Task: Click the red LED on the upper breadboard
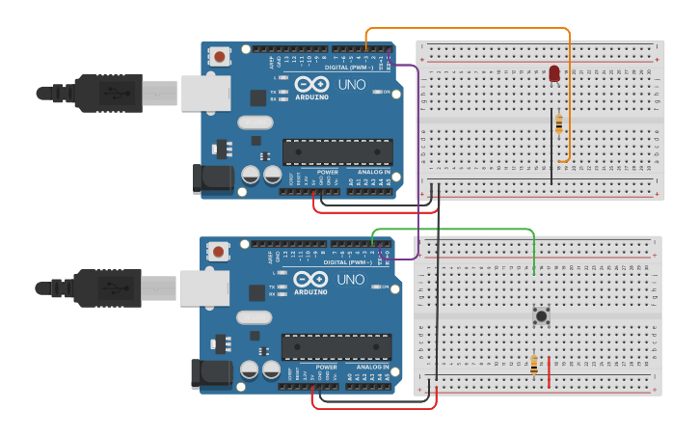pyautogui.click(x=554, y=72)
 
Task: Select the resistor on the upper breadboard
pyautogui.click(x=560, y=123)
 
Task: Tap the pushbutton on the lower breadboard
pyautogui.click(x=542, y=314)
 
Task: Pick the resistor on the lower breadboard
pyautogui.click(x=534, y=365)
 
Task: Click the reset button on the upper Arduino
pyautogui.click(x=221, y=57)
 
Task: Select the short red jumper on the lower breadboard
pyautogui.click(x=550, y=371)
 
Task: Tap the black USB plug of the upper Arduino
pyautogui.click(x=106, y=93)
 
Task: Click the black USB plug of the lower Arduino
pyautogui.click(x=106, y=287)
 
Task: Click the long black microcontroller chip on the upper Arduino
pyautogui.click(x=337, y=151)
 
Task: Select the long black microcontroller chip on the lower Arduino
pyautogui.click(x=336, y=346)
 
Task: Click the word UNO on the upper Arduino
pyautogui.click(x=351, y=85)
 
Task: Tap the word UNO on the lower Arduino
pyautogui.click(x=351, y=280)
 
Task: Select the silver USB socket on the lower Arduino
pyautogui.click(x=203, y=287)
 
